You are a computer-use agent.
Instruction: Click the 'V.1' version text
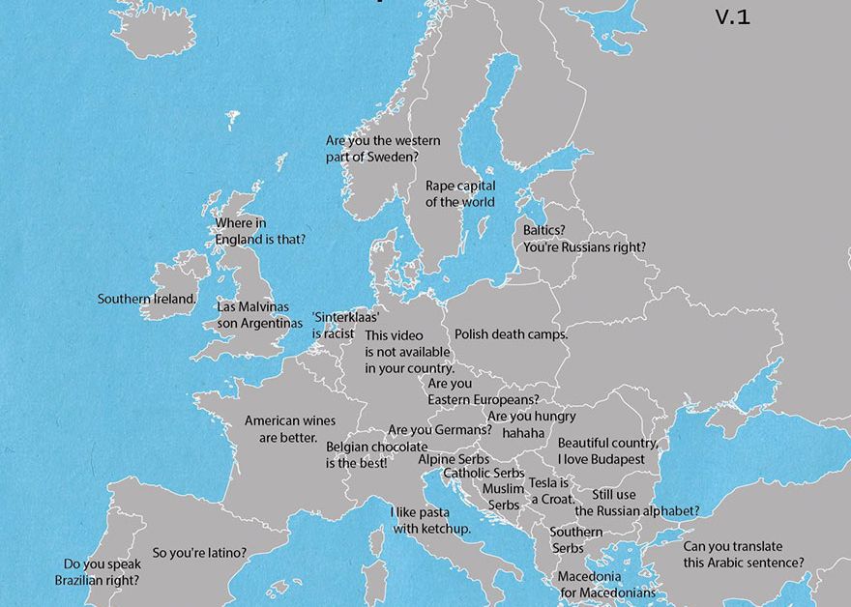point(732,16)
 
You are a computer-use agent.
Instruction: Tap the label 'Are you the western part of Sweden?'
point(383,149)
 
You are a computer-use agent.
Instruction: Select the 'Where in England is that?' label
point(260,231)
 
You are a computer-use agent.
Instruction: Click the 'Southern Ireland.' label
point(147,299)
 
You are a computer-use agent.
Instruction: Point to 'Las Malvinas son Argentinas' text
point(259,315)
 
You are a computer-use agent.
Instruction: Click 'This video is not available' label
point(409,352)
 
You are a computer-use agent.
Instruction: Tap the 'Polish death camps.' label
point(511,333)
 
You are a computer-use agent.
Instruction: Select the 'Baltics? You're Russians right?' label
point(584,239)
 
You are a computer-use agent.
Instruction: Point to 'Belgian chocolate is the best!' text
point(376,454)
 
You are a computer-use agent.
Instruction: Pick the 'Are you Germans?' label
point(440,429)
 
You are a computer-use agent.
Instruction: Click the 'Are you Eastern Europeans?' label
point(483,391)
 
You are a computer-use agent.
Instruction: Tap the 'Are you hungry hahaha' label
point(531,424)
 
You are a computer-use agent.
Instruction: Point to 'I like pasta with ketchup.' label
point(430,520)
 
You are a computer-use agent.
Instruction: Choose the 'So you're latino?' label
point(199,553)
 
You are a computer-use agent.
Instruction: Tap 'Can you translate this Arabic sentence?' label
point(743,554)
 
